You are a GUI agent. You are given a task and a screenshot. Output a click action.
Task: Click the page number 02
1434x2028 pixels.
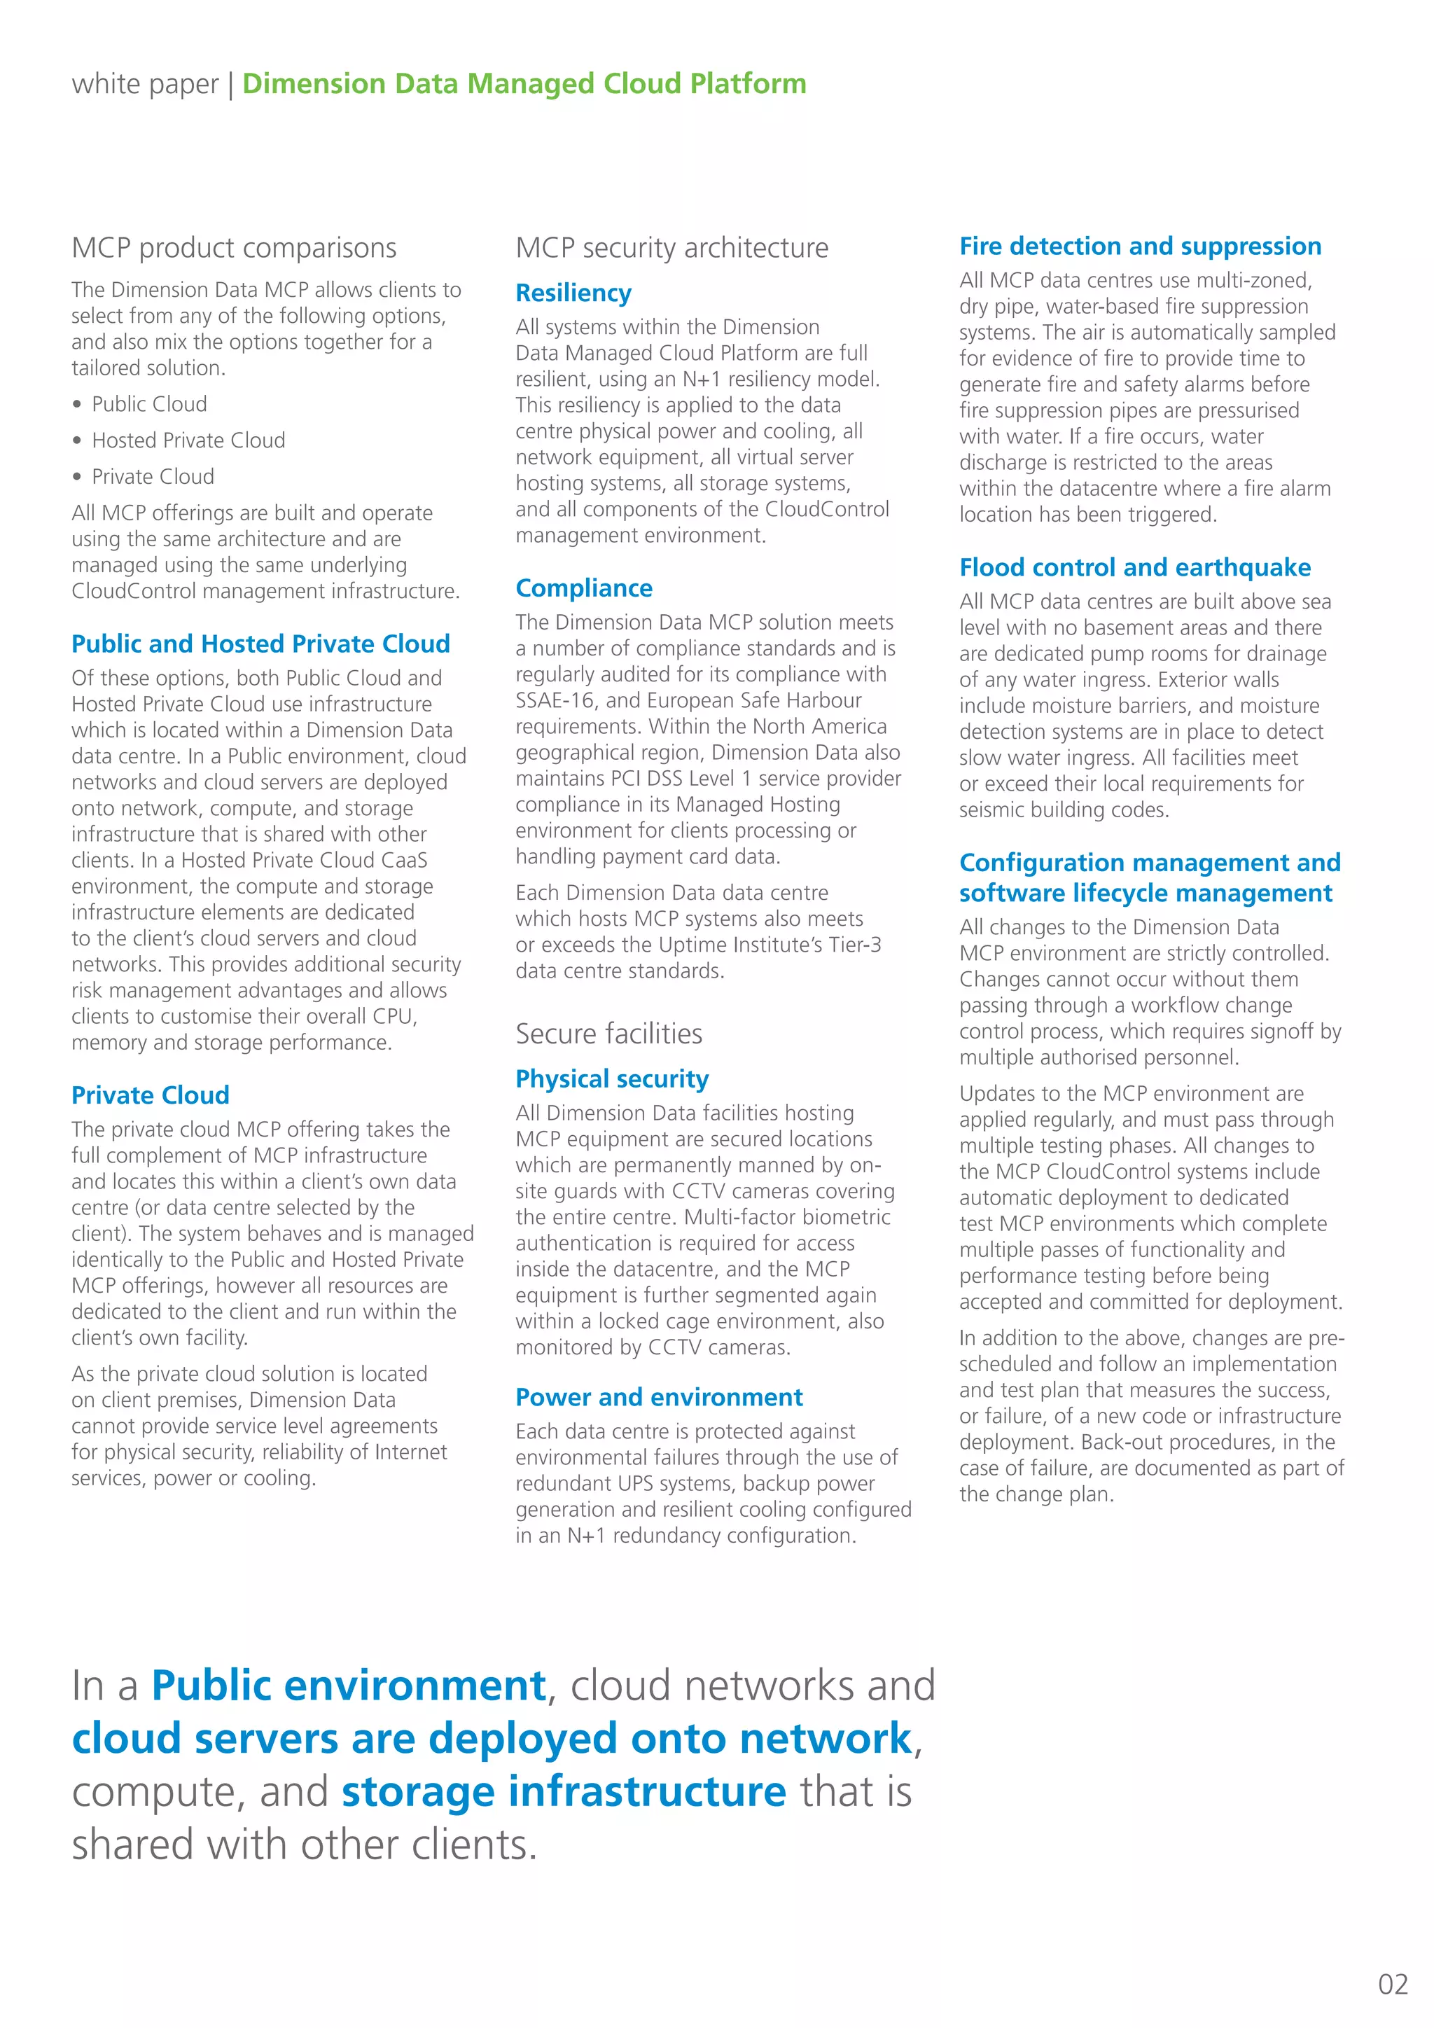[1393, 1984]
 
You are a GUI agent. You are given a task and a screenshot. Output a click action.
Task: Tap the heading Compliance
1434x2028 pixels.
[584, 588]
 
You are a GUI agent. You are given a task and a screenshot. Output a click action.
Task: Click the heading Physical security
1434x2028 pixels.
[612, 1078]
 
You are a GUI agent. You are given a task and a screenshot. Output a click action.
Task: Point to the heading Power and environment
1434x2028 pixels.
[659, 1396]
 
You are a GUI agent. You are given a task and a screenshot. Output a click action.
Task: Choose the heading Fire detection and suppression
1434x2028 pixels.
[1140, 246]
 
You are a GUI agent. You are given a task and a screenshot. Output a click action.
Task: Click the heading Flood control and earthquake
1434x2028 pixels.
[1134, 567]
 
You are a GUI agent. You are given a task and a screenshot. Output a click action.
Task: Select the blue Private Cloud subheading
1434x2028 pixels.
[150, 1095]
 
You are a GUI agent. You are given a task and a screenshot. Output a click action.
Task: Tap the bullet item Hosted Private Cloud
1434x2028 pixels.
[188, 440]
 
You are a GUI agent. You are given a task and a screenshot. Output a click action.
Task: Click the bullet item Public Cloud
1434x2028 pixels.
[149, 403]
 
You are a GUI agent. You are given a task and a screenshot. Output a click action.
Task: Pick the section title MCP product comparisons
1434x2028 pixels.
[234, 248]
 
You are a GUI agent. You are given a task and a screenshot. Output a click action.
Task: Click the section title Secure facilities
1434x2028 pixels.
[608, 1034]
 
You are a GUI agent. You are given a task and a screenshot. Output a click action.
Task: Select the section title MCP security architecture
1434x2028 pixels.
[672, 248]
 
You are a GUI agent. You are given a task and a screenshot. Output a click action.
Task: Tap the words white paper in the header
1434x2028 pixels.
[145, 84]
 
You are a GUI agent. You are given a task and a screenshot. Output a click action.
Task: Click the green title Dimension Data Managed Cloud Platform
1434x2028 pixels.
[524, 84]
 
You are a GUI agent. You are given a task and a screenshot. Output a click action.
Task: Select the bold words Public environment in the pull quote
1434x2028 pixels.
[349, 1686]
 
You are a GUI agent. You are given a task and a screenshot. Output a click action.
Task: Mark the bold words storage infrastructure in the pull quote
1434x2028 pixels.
[564, 1791]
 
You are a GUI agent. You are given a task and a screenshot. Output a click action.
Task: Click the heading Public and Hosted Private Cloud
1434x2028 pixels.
[260, 644]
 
